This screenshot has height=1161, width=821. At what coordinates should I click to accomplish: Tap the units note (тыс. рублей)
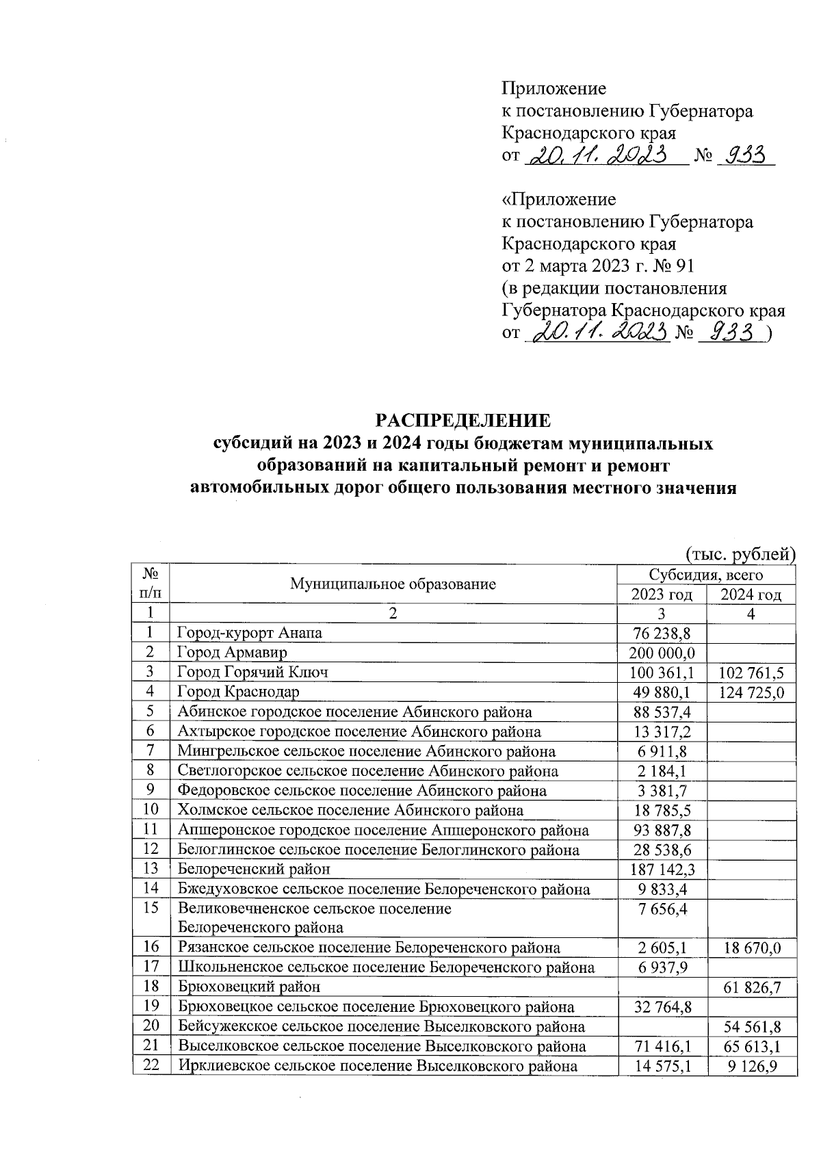point(740,553)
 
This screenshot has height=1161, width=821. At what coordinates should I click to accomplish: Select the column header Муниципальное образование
point(393,584)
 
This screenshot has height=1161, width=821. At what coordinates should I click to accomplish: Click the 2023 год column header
point(661,595)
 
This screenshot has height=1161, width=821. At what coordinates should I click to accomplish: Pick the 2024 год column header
point(751,595)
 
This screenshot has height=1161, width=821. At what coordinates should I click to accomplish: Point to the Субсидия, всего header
point(706,575)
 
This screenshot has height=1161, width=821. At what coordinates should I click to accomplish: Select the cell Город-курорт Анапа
point(250,633)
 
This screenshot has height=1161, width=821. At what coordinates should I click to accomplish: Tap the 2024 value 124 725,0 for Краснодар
point(751,692)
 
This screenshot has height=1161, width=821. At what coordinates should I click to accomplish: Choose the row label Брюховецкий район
point(249,987)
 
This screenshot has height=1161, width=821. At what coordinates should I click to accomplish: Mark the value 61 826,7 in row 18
point(751,987)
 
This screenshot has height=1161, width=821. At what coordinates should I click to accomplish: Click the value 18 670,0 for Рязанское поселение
point(751,948)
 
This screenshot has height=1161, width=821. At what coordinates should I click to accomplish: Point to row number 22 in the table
point(151,1065)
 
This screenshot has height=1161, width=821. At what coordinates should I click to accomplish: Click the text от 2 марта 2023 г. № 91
point(598,265)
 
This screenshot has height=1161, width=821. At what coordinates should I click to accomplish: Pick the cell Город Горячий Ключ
point(253,673)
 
